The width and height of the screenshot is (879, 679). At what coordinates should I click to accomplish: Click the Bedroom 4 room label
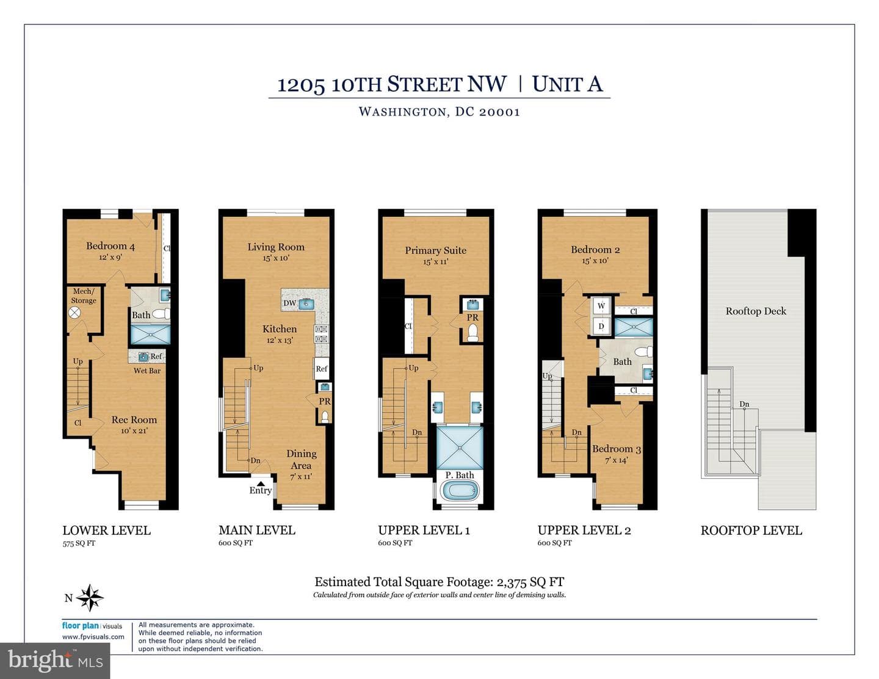pyautogui.click(x=110, y=246)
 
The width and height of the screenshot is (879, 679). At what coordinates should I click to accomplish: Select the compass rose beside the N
pyautogui.click(x=90, y=598)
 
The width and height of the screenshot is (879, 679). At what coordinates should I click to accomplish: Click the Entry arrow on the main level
pyautogui.click(x=261, y=483)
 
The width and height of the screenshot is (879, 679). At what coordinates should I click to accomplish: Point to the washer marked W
pyautogui.click(x=601, y=306)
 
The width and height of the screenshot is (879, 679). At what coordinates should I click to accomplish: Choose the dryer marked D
pyautogui.click(x=601, y=326)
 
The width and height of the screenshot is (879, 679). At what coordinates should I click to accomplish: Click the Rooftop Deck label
pyautogui.click(x=756, y=311)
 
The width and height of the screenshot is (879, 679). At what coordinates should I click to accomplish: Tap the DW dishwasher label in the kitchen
pyautogui.click(x=289, y=303)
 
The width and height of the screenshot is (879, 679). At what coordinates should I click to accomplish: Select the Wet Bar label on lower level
pyautogui.click(x=147, y=371)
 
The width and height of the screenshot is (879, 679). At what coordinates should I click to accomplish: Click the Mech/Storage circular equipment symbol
pyautogui.click(x=74, y=313)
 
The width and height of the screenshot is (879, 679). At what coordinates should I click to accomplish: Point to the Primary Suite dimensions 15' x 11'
pyautogui.click(x=435, y=262)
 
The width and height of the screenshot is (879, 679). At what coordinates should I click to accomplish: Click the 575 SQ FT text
pyautogui.click(x=79, y=543)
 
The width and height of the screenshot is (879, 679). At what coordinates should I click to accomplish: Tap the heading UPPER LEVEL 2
pyautogui.click(x=584, y=530)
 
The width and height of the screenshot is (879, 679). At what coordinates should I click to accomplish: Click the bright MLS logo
pyautogui.click(x=55, y=661)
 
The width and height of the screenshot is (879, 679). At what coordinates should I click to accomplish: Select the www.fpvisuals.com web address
pyautogui.click(x=93, y=636)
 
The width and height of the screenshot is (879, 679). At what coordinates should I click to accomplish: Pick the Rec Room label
pyautogui.click(x=134, y=419)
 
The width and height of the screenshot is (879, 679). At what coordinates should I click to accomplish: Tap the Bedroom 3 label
pyautogui.click(x=617, y=449)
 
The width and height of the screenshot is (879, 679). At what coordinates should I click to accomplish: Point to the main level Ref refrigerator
pyautogui.click(x=322, y=369)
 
